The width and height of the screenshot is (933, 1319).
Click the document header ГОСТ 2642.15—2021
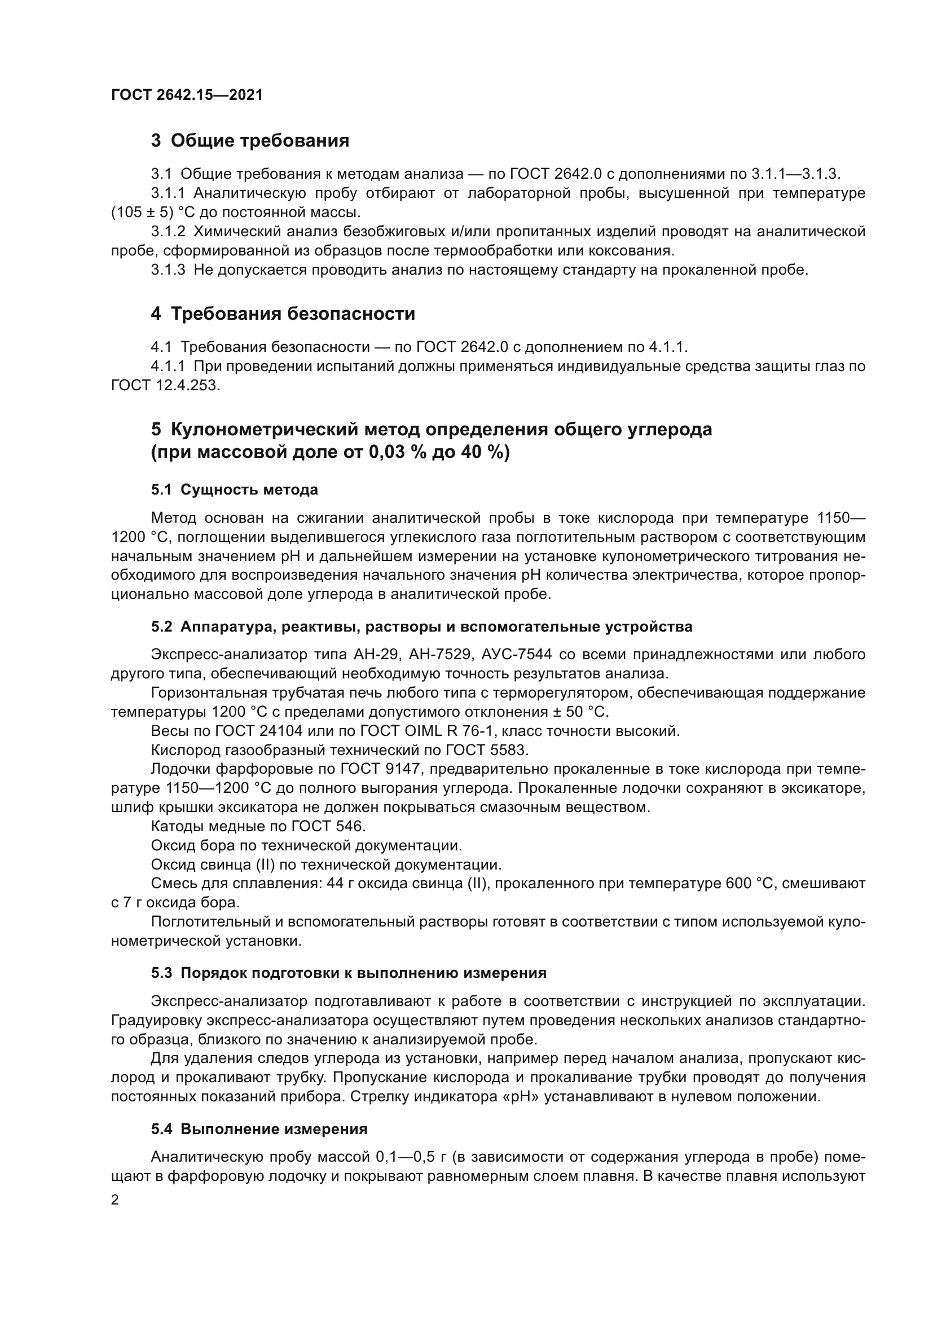point(187,95)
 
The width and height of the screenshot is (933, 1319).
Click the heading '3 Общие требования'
point(250,140)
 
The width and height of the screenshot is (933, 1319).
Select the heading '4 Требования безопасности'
point(283,314)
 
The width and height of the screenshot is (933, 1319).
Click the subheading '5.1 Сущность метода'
point(235,490)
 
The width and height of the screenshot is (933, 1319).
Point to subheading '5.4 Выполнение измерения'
point(259,1129)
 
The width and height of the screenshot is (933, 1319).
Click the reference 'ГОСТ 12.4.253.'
point(165,385)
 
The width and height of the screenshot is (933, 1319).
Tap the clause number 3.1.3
point(168,270)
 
